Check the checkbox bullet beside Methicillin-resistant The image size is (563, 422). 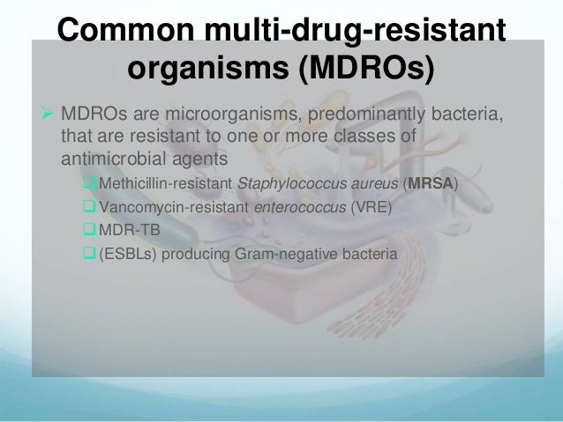click(x=88, y=184)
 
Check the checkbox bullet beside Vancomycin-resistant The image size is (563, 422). click(x=88, y=208)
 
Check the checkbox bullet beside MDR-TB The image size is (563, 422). click(x=88, y=232)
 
